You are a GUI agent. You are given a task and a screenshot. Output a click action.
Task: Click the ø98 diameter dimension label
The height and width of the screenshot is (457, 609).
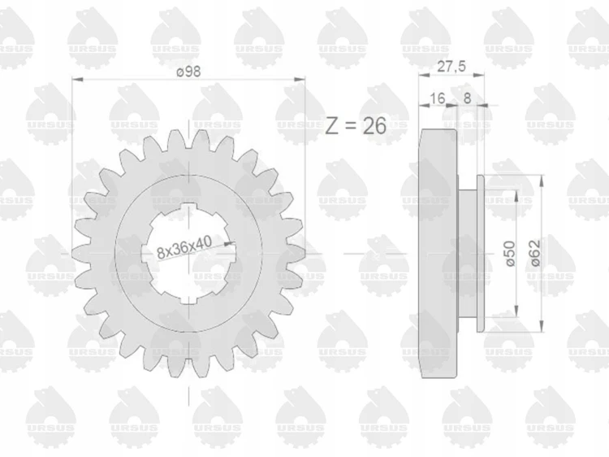(x=188, y=72)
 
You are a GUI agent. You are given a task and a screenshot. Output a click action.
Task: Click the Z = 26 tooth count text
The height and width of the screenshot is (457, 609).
(x=356, y=125)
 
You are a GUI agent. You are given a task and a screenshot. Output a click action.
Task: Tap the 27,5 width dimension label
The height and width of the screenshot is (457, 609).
(x=451, y=67)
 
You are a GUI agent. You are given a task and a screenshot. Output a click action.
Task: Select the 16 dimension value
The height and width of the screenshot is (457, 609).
(x=438, y=98)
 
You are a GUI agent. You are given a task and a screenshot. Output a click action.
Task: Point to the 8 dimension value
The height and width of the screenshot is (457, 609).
(x=467, y=98)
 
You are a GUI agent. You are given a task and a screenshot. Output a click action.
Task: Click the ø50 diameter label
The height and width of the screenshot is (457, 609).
(x=511, y=253)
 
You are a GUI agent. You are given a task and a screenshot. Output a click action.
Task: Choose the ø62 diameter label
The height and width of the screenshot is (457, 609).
(x=535, y=253)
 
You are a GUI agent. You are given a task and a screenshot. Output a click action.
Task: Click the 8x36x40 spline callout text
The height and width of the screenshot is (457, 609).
(x=184, y=247)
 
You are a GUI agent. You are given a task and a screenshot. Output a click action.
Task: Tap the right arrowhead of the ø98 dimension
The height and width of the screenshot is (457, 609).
(x=300, y=80)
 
